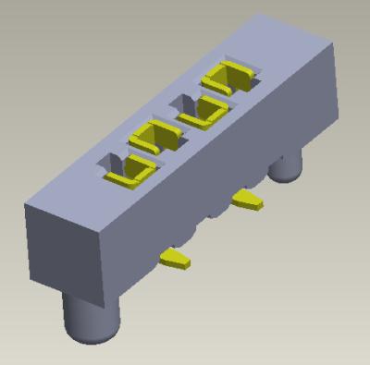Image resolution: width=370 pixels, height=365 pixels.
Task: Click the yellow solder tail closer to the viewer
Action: (174, 258)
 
